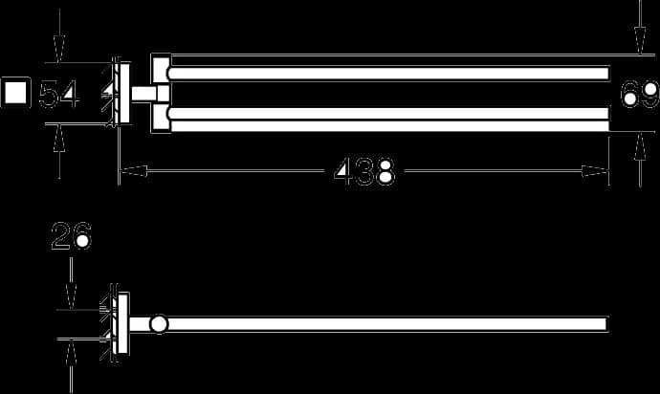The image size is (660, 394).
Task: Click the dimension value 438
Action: [x=364, y=171]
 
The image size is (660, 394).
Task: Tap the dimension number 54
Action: [x=58, y=94]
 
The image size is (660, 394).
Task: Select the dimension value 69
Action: [x=639, y=95]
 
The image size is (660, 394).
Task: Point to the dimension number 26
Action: [x=71, y=235]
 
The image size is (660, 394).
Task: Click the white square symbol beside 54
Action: [x=15, y=92]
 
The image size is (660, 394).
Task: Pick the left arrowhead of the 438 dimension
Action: [x=133, y=171]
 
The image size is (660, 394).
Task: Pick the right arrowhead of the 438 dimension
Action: [x=595, y=171]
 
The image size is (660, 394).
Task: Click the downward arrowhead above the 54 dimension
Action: [x=59, y=49]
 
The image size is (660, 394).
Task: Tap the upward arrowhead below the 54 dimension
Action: [x=59, y=138]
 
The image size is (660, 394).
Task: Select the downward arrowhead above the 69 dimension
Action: [x=640, y=40]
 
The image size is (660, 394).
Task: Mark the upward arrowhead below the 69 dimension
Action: [x=640, y=146]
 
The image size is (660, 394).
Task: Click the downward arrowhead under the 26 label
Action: [x=71, y=296]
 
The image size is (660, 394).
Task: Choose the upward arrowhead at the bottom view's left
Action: [x=71, y=352]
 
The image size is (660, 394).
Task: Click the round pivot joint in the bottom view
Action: [x=160, y=324]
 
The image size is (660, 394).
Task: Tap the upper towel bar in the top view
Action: [x=388, y=74]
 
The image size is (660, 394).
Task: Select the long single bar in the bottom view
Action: [x=386, y=324]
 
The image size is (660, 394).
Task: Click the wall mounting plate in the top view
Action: [x=124, y=93]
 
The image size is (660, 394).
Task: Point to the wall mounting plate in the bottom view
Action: [x=122, y=323]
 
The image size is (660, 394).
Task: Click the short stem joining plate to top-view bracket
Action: [x=143, y=94]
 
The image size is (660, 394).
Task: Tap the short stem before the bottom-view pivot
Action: [x=141, y=324]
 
